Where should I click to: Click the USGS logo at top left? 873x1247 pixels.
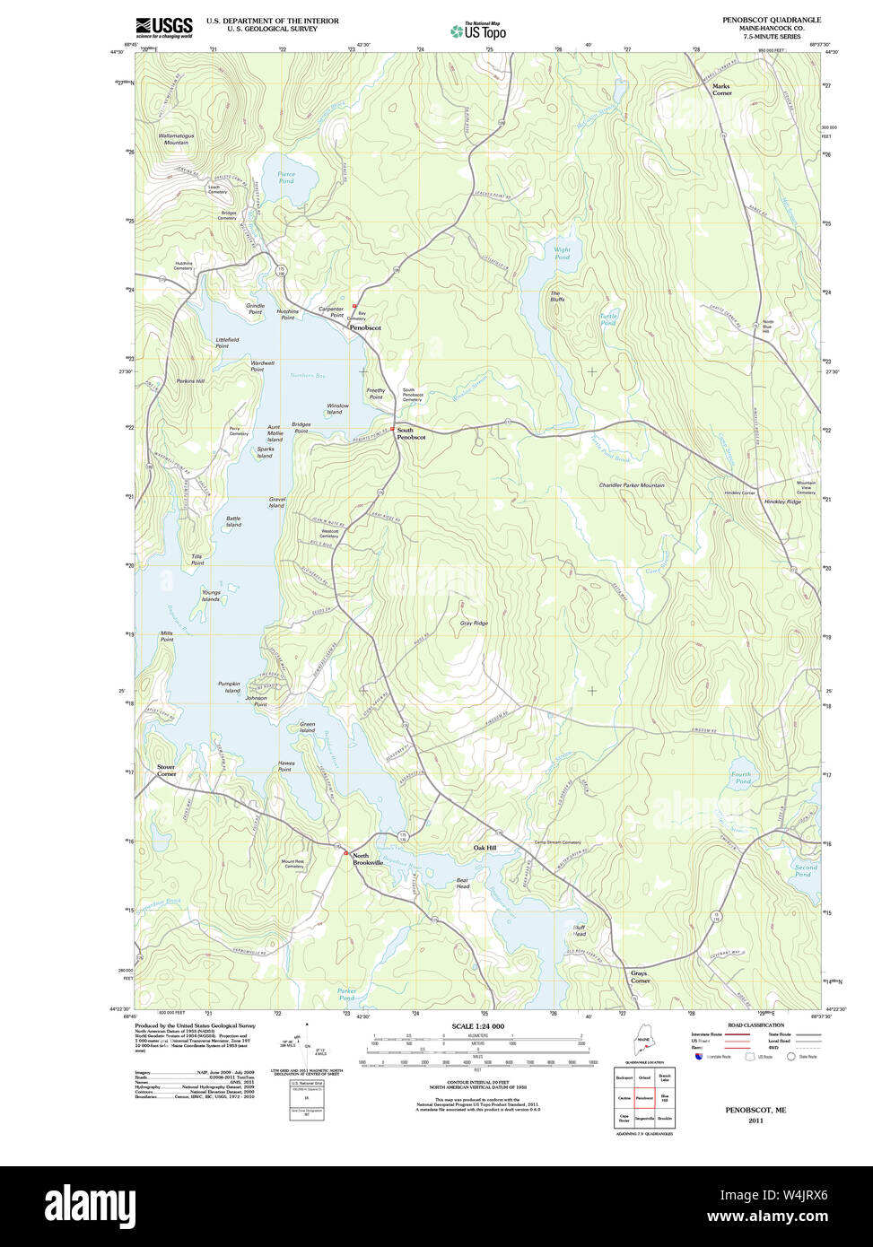pos(163,28)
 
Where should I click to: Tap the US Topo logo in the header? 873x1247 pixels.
pos(479,31)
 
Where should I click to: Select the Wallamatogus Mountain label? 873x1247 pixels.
pos(176,139)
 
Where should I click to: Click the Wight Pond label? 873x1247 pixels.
pos(562,254)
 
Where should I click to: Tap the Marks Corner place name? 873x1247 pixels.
pos(721,90)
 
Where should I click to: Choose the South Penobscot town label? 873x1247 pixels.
pos(411,433)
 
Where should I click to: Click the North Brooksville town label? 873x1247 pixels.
pos(367,859)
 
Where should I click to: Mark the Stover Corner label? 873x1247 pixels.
pos(166,770)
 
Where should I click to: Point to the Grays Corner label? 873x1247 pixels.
pos(639,977)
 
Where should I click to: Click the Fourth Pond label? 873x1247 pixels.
pos(741,778)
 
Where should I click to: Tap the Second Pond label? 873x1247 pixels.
pos(806,870)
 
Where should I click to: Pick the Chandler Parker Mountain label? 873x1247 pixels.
pos(632,485)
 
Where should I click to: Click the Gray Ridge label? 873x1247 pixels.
pos(474,623)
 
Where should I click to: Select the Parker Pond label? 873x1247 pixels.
pos(346,994)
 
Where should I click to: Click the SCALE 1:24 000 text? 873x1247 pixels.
pos(477,1026)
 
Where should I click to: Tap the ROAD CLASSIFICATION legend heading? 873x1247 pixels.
pos(755,1025)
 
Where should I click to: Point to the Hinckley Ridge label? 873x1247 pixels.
pos(781,501)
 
